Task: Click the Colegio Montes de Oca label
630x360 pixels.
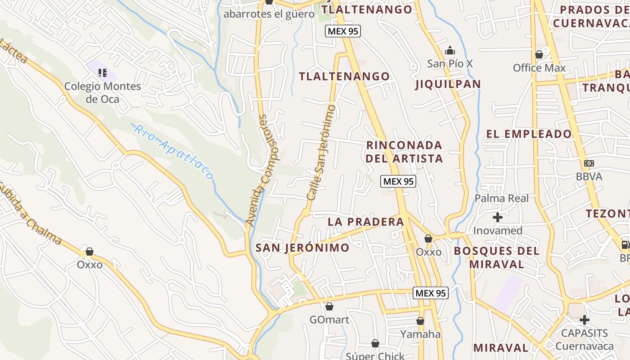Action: [103, 92]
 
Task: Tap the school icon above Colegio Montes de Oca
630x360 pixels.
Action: [103, 72]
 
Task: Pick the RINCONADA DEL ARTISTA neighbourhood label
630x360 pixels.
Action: [404, 152]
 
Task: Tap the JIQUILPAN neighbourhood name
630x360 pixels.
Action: [448, 84]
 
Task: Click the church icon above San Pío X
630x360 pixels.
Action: [450, 51]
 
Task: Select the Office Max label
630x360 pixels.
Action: [539, 68]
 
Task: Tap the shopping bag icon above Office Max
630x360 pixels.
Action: [539, 55]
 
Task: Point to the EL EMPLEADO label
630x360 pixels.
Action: [529, 134]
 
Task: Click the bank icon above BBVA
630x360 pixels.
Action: [589, 163]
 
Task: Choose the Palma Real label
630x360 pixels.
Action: [502, 198]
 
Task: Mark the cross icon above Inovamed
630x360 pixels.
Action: [497, 218]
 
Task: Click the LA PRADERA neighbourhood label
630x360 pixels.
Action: [366, 222]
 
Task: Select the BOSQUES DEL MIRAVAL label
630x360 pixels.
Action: [497, 257]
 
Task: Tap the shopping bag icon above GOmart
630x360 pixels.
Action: [329, 307]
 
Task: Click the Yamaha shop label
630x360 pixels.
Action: [420, 334]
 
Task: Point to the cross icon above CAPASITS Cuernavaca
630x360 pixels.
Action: [584, 320]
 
